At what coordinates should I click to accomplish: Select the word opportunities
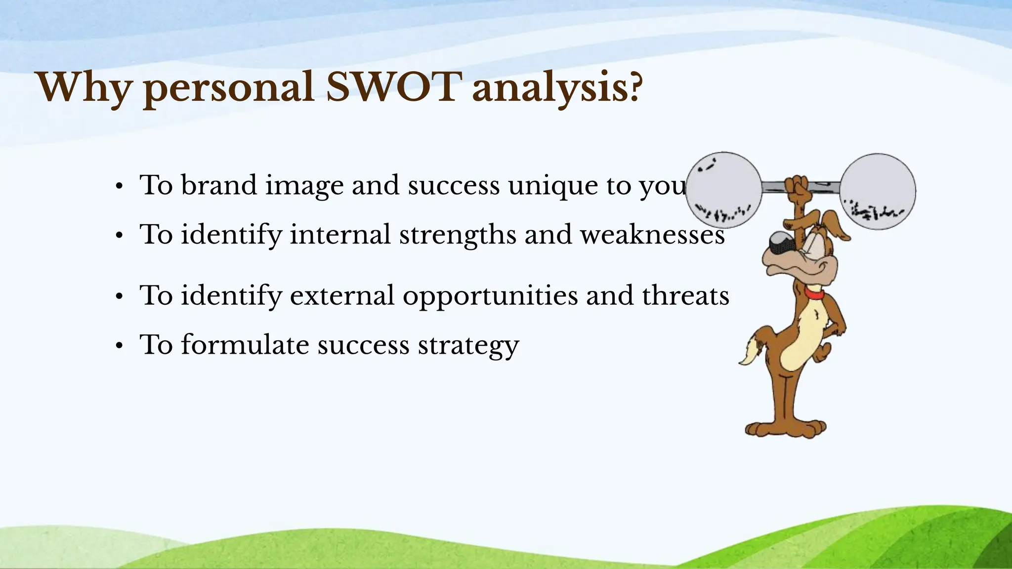490,296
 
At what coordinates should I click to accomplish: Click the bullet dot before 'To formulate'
119,346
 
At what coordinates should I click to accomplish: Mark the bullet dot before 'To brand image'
119,187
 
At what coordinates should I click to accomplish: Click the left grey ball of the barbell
724,190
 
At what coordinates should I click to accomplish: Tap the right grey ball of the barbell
878,191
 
